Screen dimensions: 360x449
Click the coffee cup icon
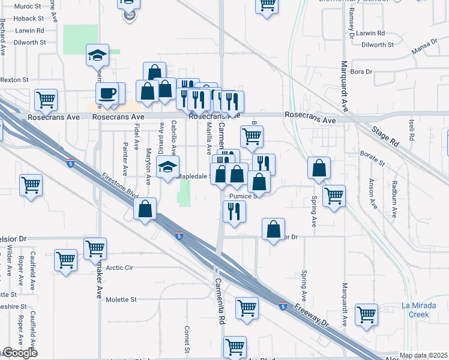pyautogui.click(x=107, y=94)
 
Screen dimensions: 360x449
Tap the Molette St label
pyautogui.click(x=121, y=299)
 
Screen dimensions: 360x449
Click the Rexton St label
pyautogui.click(x=14, y=79)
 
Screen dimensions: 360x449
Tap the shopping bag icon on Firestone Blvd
pyautogui.click(x=145, y=209)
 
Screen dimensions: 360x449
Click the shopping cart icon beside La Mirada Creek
pyautogui.click(x=366, y=314)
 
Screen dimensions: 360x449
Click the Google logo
pyautogui.click(x=19, y=353)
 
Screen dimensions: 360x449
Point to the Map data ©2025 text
pyautogui.click(x=423, y=355)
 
